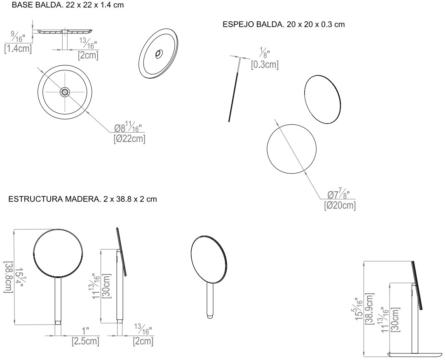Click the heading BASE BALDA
pyautogui.click(x=68, y=5)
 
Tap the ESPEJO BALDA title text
pyautogui.click(x=283, y=24)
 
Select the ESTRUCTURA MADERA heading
pyautogui.click(x=82, y=199)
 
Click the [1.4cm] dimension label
pyautogui.click(x=18, y=49)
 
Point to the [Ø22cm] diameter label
pyautogui.click(x=129, y=139)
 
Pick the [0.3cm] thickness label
pyautogui.click(x=265, y=65)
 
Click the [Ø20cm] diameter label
pyautogui.click(x=340, y=205)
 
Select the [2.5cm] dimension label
pyautogui.click(x=85, y=341)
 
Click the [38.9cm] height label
pyautogui.click(x=370, y=309)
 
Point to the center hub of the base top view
pyautogui.click(x=64, y=92)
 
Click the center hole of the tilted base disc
pyautogui.click(x=158, y=54)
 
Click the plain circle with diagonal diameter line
pyautogui.click(x=291, y=149)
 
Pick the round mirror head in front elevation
pyautogui.click(x=58, y=253)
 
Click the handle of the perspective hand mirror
pyautogui.click(x=210, y=301)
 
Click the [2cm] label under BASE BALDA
pyautogui.click(x=88, y=55)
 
